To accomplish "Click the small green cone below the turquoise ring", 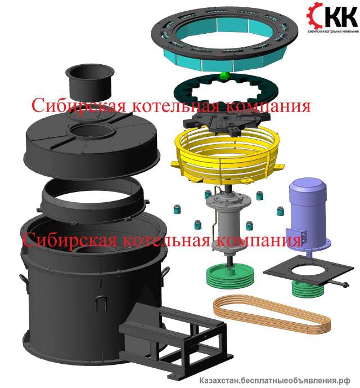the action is coord(224,75).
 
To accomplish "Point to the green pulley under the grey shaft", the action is coord(230,277).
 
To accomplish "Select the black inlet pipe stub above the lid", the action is coord(89,82).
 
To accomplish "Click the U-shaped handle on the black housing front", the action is coord(101,302).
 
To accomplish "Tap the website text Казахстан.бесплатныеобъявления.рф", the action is coord(274,380).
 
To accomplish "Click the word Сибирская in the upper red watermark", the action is coord(79,105).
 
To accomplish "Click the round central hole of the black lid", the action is coord(92,131).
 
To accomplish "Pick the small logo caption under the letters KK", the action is coord(333,32).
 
